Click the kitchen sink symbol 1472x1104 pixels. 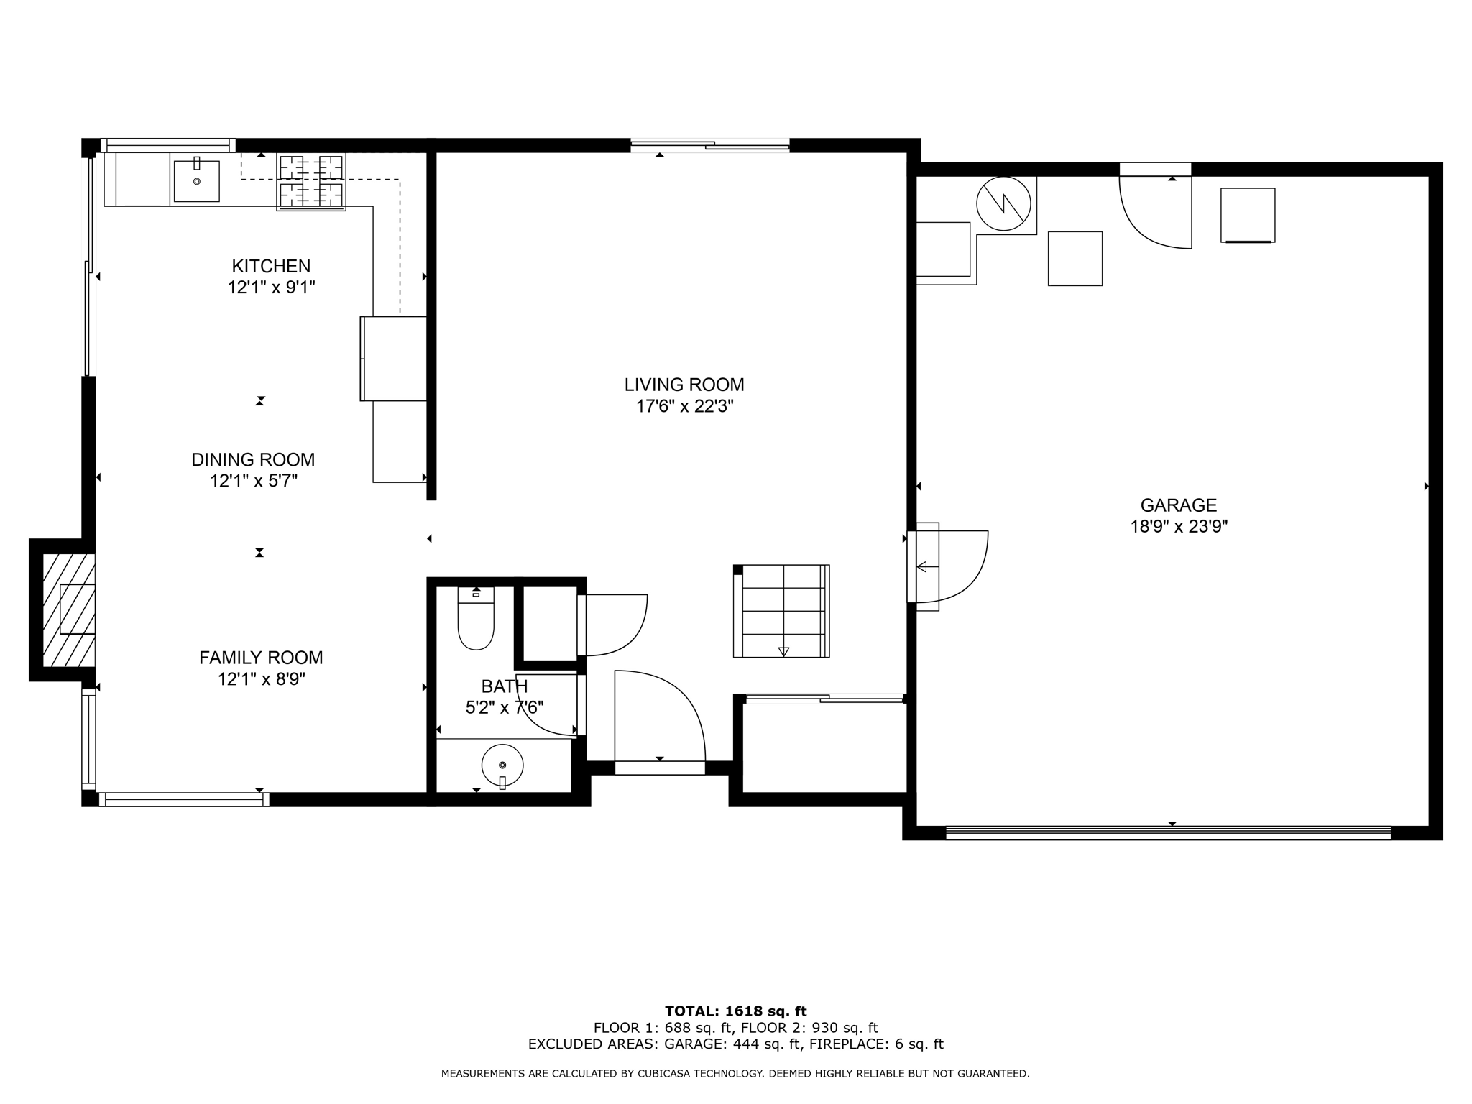coord(196,181)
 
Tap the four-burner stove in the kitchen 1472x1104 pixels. coord(311,182)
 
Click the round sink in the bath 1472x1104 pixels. coord(502,765)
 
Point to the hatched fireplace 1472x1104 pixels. coord(68,609)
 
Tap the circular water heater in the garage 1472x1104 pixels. coord(1003,203)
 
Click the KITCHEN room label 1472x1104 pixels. coord(271,266)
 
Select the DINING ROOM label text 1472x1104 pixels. coord(253,459)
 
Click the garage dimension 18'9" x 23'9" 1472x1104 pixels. coord(1179,527)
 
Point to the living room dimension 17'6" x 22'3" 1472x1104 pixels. coord(684,407)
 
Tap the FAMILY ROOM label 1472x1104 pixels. coord(261,658)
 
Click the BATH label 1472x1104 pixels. coord(505,686)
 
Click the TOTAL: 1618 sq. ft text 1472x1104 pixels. coord(735,1012)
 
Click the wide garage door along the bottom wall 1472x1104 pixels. coord(1168,833)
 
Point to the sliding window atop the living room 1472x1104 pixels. coord(709,146)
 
